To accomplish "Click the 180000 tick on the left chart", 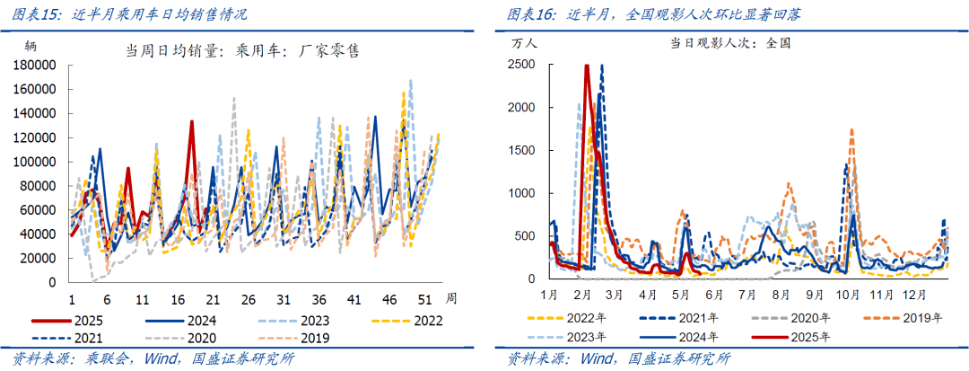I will [x=37, y=65].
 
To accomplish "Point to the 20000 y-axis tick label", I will [x=39, y=258].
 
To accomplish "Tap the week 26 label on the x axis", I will [x=248, y=298].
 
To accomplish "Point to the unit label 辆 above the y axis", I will [x=31, y=45].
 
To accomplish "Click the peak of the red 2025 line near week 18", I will [x=191, y=122].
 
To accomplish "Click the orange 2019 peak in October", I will [x=851, y=130].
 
